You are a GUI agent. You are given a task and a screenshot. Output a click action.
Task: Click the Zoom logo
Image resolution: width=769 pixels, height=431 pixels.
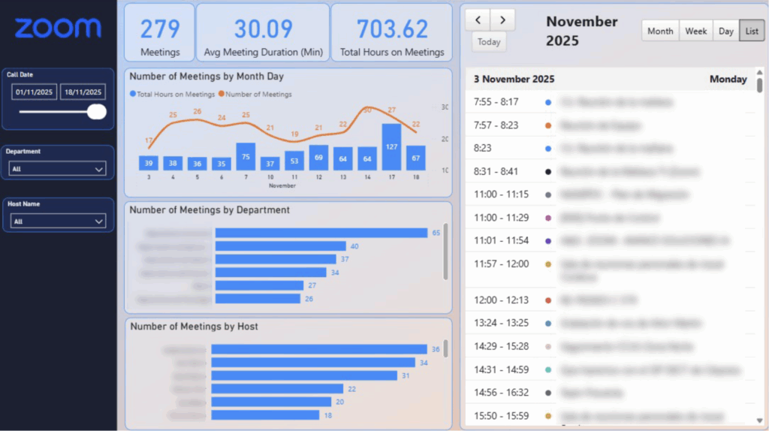click(x=58, y=29)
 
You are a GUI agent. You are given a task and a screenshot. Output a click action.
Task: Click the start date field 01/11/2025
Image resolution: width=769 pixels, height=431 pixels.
click(x=35, y=92)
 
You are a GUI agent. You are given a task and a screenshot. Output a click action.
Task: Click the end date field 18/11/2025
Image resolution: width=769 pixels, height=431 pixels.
click(x=83, y=92)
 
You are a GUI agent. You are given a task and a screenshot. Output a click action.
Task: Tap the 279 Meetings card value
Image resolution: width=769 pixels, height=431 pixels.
click(x=160, y=29)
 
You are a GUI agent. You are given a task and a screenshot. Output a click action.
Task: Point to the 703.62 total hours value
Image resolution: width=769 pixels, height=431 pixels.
click(x=392, y=29)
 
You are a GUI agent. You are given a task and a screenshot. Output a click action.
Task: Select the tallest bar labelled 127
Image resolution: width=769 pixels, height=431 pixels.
click(x=391, y=148)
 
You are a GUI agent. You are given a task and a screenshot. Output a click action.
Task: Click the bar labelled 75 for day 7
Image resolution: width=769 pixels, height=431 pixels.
click(x=246, y=157)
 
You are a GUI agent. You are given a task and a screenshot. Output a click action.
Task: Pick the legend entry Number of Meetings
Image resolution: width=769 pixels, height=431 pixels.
click(x=258, y=95)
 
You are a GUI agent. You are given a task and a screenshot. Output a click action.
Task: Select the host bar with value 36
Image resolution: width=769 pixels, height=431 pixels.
click(x=319, y=349)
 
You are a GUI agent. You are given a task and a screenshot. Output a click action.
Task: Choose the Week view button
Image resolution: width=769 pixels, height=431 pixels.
click(x=695, y=31)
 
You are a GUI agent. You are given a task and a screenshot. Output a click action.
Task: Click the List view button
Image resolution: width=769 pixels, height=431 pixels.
click(x=751, y=31)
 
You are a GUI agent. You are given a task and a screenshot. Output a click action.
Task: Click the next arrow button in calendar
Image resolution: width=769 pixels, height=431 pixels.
click(x=503, y=19)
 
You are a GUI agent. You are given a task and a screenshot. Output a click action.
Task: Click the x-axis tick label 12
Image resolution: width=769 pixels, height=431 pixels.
click(x=318, y=177)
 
